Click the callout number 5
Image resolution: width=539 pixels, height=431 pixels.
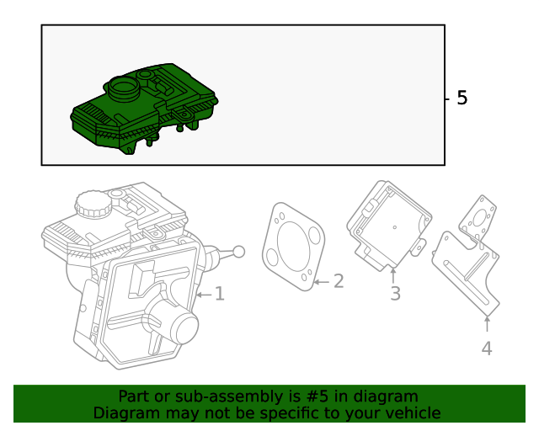(x=462, y=98)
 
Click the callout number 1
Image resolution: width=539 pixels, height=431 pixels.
(x=219, y=294)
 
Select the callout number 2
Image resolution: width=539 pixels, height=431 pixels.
(x=338, y=281)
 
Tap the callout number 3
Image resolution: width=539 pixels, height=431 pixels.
(x=395, y=294)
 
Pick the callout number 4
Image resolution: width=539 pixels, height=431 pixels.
(x=487, y=348)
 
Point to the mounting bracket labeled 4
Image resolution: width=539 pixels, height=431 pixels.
(x=468, y=269)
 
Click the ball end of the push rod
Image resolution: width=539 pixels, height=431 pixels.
(x=238, y=251)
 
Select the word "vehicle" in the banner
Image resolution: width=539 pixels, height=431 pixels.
(x=412, y=412)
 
